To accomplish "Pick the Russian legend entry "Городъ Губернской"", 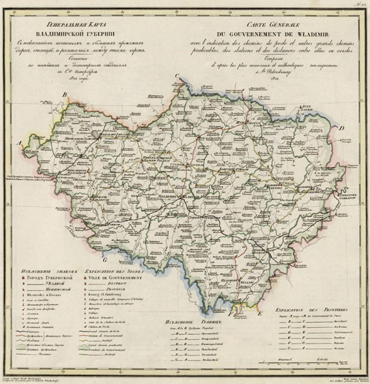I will coord(48,279).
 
